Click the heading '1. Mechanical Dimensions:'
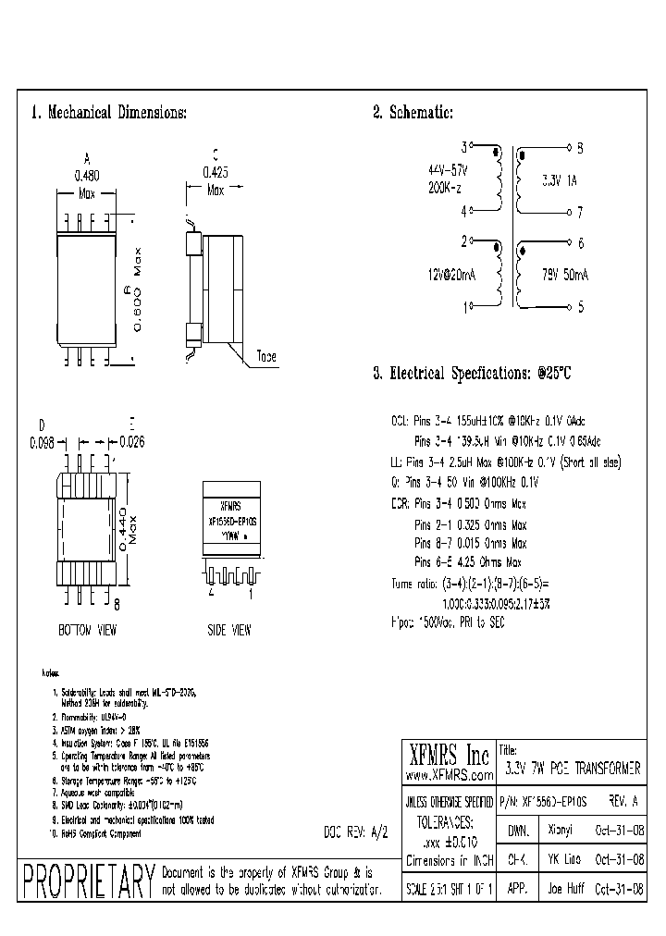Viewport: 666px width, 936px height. (109, 113)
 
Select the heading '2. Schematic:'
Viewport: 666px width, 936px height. (413, 113)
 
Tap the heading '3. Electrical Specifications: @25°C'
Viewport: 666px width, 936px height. (473, 374)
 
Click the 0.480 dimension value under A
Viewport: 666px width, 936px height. (86, 174)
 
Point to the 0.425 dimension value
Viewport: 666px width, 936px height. (215, 171)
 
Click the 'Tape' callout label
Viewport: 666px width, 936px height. (265, 357)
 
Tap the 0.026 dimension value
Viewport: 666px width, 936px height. (132, 441)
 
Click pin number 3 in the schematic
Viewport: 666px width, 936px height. (463, 147)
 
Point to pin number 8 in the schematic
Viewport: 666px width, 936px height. (580, 147)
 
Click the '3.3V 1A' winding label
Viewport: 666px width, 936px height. (559, 181)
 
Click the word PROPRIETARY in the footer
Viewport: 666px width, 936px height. (86, 881)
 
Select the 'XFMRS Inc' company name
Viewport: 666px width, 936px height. (449, 754)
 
